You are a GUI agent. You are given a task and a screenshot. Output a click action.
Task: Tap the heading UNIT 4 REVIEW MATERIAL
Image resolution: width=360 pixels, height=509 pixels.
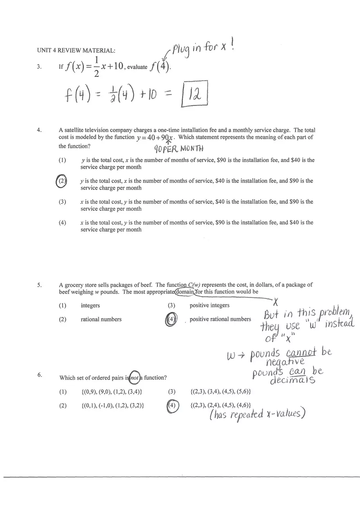click(76, 51)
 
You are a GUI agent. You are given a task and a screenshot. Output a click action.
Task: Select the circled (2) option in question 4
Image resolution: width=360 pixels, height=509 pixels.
click(61, 181)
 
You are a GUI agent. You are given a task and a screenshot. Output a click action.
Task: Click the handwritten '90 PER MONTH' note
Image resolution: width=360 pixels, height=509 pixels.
click(178, 148)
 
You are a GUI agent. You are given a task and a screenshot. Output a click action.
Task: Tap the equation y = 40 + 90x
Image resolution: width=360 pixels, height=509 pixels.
click(155, 138)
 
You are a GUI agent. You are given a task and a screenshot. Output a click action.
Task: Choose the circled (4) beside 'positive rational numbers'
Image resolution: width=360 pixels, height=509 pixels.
click(172, 320)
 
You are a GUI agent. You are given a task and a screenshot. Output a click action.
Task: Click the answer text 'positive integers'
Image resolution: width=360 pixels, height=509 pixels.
click(209, 306)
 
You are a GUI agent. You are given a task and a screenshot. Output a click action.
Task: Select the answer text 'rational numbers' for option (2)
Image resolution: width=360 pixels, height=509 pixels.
click(101, 320)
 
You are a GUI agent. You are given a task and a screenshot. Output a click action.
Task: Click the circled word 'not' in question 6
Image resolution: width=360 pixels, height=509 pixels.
click(134, 378)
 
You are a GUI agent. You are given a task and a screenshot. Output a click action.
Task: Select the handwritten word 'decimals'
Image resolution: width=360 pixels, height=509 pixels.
click(292, 380)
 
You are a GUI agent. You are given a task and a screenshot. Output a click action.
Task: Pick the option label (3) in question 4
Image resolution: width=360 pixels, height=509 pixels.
click(62, 202)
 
